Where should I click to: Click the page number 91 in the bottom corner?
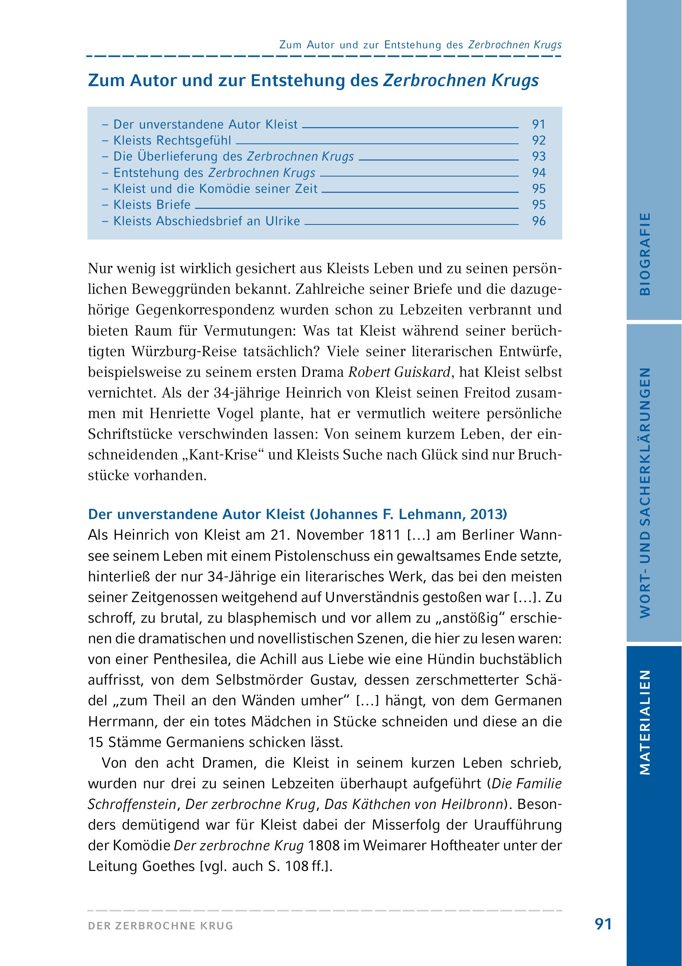tap(603, 924)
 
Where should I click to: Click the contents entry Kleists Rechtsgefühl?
tap(172, 140)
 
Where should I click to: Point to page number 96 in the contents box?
tap(539, 221)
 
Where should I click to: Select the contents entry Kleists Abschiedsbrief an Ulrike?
tap(207, 221)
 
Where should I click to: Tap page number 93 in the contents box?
tap(539, 157)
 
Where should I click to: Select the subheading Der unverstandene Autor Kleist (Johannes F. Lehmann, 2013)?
tap(297, 514)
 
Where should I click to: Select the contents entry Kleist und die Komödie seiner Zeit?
tap(216, 189)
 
